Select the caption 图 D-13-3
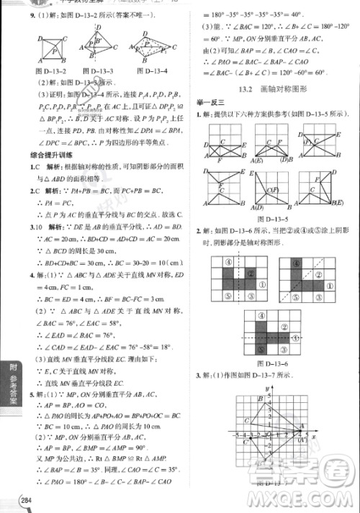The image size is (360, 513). [99, 71]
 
